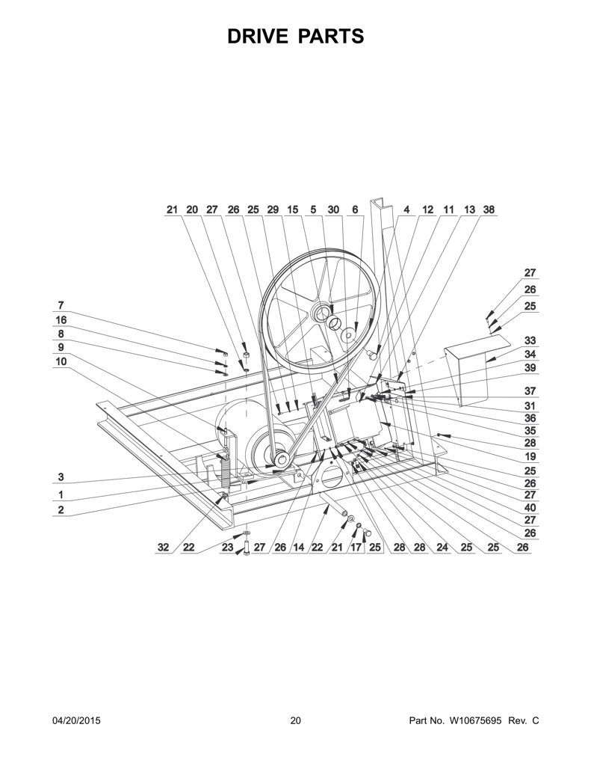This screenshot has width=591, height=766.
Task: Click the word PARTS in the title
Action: [331, 37]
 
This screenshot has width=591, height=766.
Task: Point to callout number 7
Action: [61, 306]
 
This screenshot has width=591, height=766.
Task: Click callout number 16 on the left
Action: [61, 320]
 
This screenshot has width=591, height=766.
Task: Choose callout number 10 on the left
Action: [61, 361]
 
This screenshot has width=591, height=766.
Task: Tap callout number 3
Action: [61, 477]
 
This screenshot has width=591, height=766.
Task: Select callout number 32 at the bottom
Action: [164, 548]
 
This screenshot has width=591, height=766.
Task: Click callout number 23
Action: [227, 548]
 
